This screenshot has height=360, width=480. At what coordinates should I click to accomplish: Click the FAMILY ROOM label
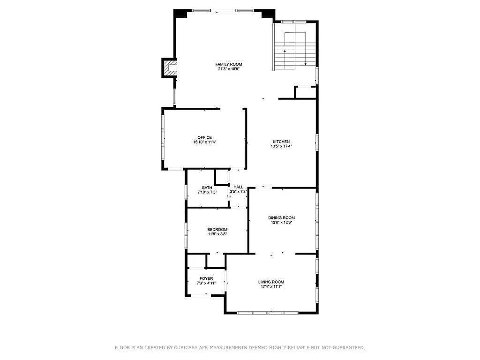pos(229,64)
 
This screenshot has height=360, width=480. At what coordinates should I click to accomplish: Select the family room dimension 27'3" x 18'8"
pos(229,69)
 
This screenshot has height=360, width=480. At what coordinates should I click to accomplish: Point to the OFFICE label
pos(204,137)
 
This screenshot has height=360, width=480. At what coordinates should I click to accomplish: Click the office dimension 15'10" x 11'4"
pos(204,142)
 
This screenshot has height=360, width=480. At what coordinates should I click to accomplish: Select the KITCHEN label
pos(281,142)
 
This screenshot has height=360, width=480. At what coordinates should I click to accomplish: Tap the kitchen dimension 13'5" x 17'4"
pos(281,146)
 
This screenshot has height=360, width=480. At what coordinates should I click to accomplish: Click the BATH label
pos(207,187)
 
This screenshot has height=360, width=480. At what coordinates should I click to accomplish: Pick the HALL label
pos(238,187)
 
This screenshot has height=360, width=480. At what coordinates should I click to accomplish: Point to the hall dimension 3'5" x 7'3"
pos(238,192)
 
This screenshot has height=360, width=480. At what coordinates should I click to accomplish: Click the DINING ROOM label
pos(281,217)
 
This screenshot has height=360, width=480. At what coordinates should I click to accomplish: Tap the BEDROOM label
pos(217,229)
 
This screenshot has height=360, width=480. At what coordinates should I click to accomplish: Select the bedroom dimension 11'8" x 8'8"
pos(217,234)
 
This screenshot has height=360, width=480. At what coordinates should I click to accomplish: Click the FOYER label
pos(206,278)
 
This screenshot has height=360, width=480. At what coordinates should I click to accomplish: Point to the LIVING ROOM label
pos(271,282)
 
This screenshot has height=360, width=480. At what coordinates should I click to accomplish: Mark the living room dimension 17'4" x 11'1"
pos(271,286)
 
